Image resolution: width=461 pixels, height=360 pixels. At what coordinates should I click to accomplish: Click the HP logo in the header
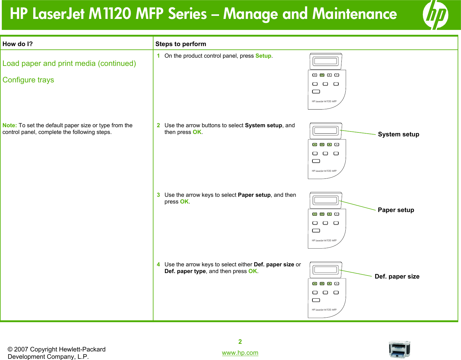[x=435, y=15]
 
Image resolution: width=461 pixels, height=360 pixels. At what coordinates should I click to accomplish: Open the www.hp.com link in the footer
[x=240, y=353]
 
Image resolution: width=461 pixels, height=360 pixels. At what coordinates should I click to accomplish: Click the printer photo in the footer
[x=399, y=349]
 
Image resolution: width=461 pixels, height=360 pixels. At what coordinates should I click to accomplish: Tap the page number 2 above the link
[x=240, y=342]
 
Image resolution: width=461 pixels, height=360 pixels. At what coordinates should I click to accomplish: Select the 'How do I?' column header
[x=17, y=44]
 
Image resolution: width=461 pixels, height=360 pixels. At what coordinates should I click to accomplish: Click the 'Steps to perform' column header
[x=181, y=44]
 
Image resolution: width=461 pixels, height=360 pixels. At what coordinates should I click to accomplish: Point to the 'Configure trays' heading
[x=28, y=80]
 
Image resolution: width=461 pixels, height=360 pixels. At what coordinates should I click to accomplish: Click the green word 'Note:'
[x=10, y=125]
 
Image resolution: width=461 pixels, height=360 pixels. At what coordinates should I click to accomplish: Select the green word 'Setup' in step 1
[x=263, y=56]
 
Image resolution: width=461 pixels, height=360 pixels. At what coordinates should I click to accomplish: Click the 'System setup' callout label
[x=398, y=135]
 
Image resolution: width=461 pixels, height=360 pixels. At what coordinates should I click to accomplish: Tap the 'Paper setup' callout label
[x=396, y=210]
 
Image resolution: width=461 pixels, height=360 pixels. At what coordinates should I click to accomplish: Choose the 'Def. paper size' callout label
[x=397, y=276]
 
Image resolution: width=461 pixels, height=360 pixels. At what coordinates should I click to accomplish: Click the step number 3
[x=158, y=195]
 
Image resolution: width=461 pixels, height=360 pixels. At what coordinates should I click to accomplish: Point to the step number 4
[x=158, y=265]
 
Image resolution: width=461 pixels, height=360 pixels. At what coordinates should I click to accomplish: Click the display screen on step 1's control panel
[x=326, y=61]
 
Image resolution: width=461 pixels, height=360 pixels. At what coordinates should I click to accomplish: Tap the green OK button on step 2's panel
[x=322, y=145]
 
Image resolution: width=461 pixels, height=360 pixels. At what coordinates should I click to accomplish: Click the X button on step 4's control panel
[x=337, y=283]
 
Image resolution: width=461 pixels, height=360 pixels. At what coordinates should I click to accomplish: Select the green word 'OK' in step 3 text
[x=184, y=202]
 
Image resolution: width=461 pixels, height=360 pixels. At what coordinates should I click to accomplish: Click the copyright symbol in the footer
[x=10, y=350]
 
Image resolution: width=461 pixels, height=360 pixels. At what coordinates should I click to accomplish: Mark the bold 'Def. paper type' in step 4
[x=185, y=271]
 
